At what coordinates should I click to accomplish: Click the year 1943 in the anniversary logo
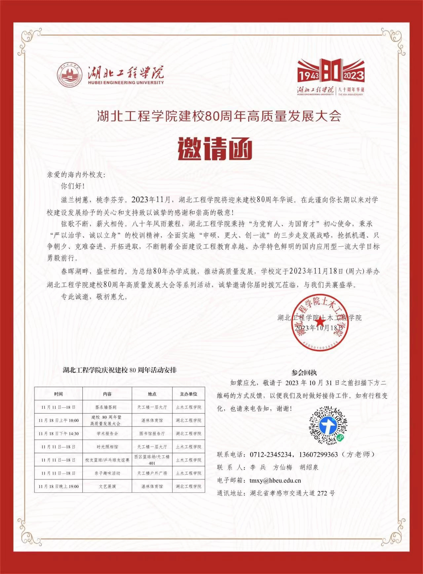[x=309, y=76]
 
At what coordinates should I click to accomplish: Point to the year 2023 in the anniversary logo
[x=353, y=75]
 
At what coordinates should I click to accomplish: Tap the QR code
[x=328, y=425]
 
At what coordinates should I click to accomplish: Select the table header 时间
[x=58, y=394]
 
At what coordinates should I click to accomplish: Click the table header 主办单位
[x=188, y=394]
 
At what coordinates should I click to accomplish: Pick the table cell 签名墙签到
[x=107, y=407]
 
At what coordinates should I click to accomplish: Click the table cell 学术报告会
[x=107, y=433]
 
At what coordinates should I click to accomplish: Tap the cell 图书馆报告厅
[x=152, y=433]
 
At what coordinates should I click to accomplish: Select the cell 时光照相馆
[x=107, y=447]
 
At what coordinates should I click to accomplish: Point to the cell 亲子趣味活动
[x=107, y=473]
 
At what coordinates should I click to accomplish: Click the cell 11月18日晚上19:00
[x=58, y=486]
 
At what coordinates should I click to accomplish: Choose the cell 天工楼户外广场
[x=152, y=473]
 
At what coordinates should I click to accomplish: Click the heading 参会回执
[x=304, y=373]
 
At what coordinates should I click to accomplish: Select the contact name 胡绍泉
[x=309, y=467]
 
